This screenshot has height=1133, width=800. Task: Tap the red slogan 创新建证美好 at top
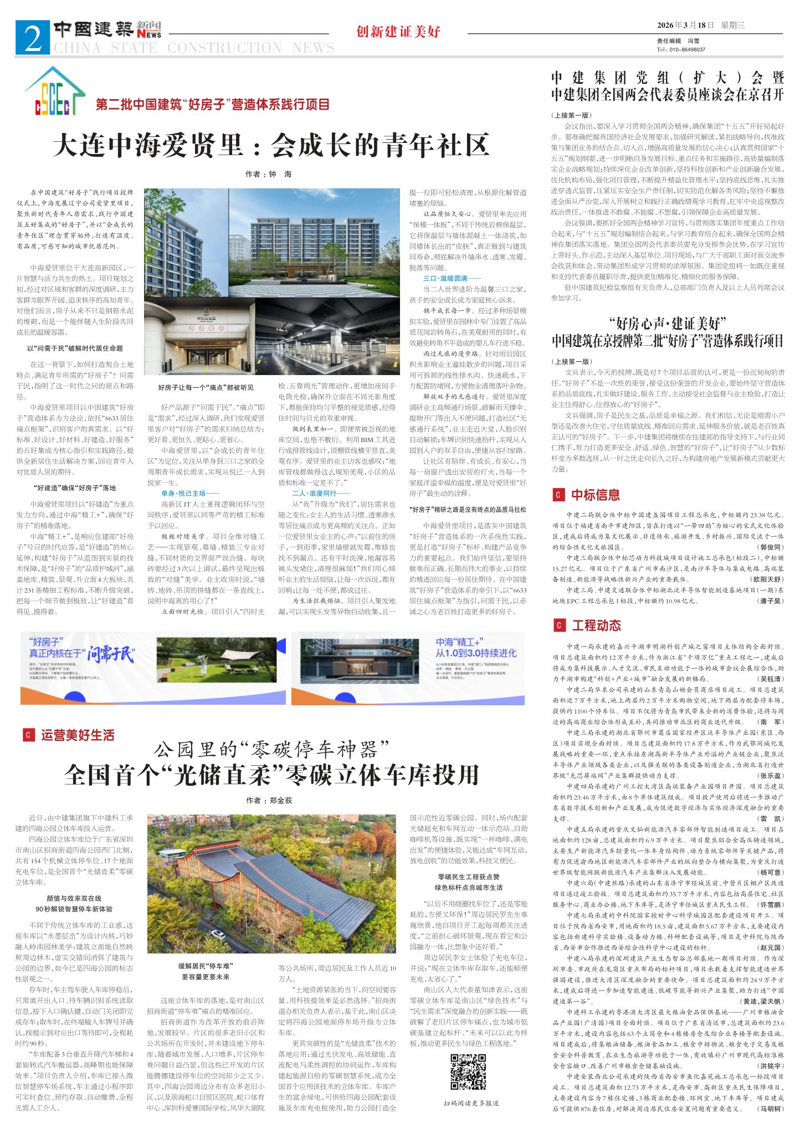[398, 32]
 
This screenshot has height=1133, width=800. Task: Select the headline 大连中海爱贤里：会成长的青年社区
[271, 146]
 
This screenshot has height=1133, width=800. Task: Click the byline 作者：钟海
[268, 174]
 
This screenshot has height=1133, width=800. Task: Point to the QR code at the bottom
[468, 1072]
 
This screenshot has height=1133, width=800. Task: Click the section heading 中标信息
[595, 495]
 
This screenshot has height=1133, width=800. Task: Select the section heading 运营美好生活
[77, 735]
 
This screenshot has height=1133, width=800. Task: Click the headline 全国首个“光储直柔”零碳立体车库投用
[271, 775]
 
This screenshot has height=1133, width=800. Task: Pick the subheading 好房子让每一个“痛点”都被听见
[206, 387]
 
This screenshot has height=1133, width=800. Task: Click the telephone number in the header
[681, 49]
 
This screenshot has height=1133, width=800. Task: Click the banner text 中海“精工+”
[459, 642]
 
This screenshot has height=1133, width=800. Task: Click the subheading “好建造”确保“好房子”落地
[75, 488]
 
